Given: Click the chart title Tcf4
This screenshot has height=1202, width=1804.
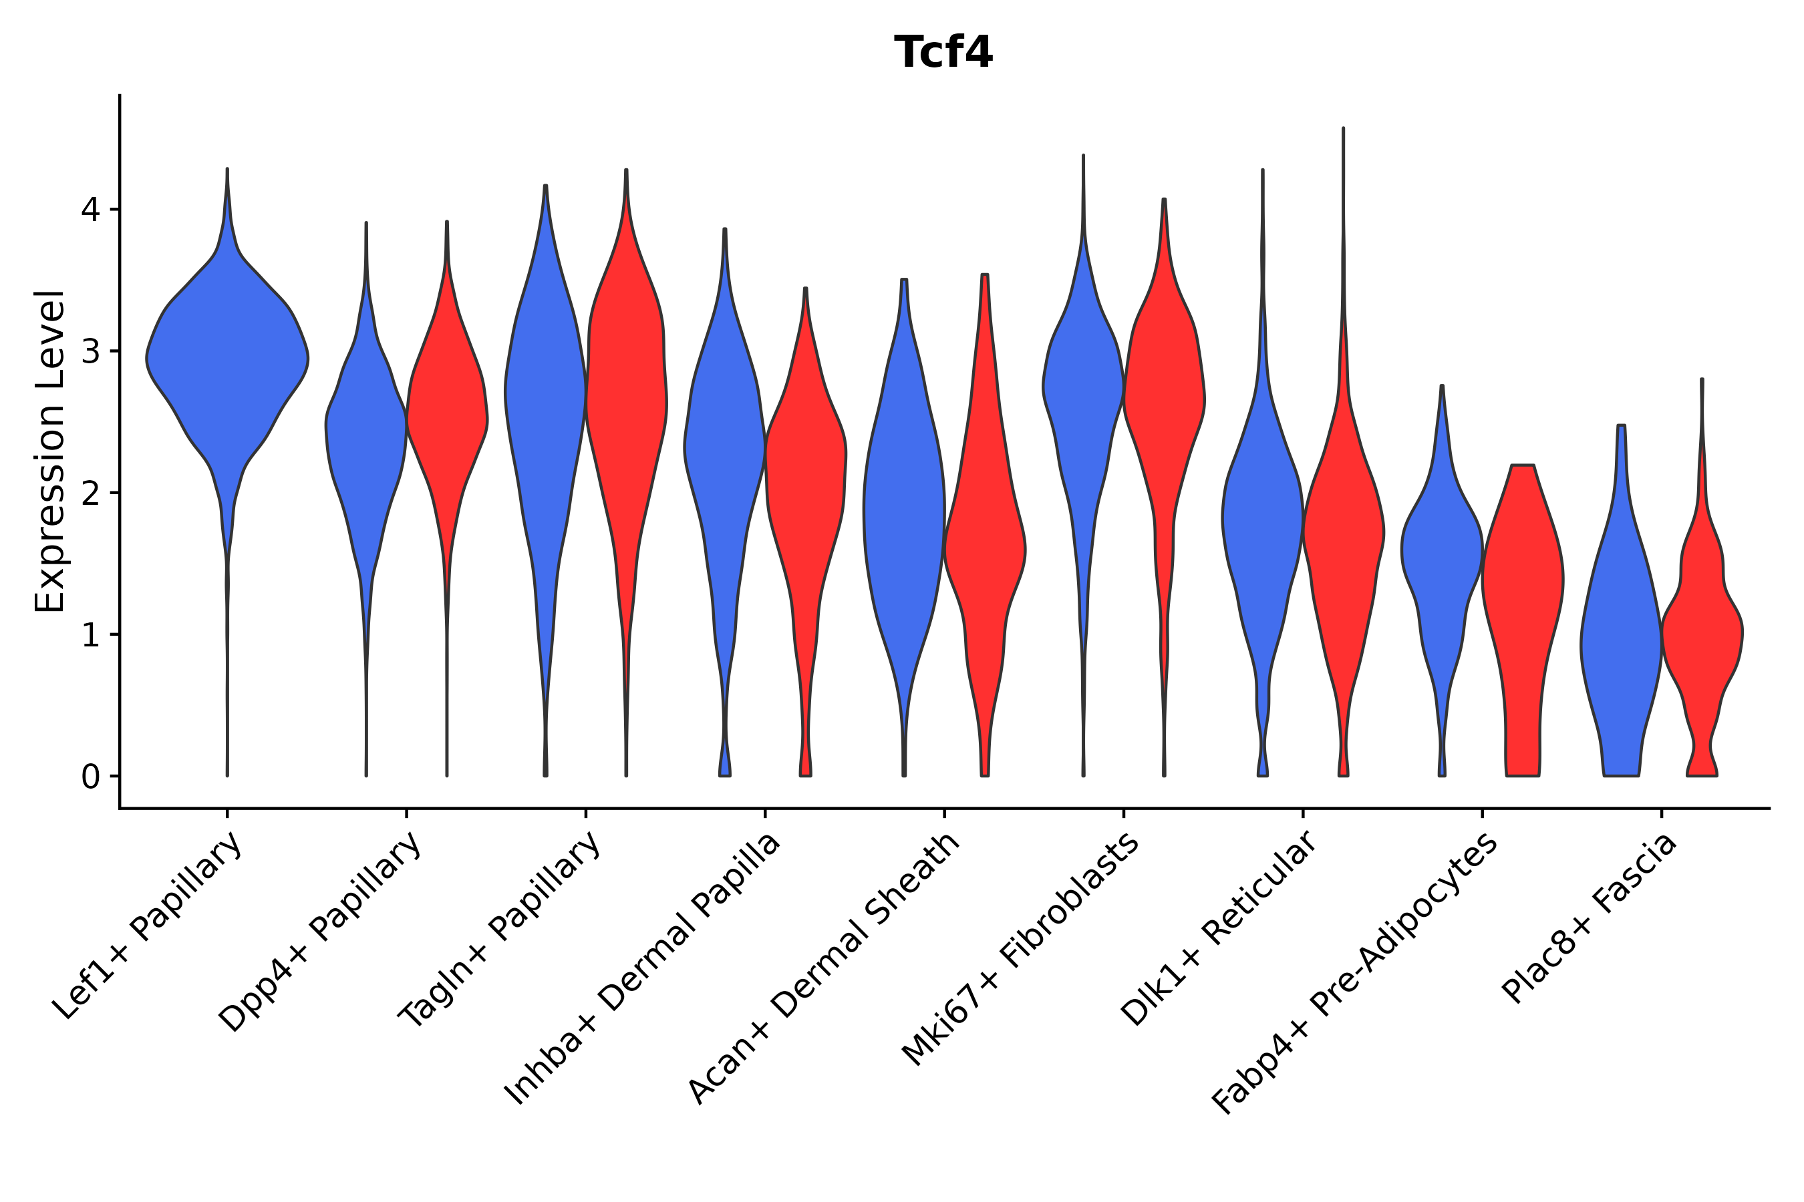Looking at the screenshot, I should coord(943,52).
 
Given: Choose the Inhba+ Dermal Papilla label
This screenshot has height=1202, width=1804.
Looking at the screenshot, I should coord(643,970).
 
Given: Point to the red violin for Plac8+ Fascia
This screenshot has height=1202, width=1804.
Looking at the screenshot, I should coord(1702,628).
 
